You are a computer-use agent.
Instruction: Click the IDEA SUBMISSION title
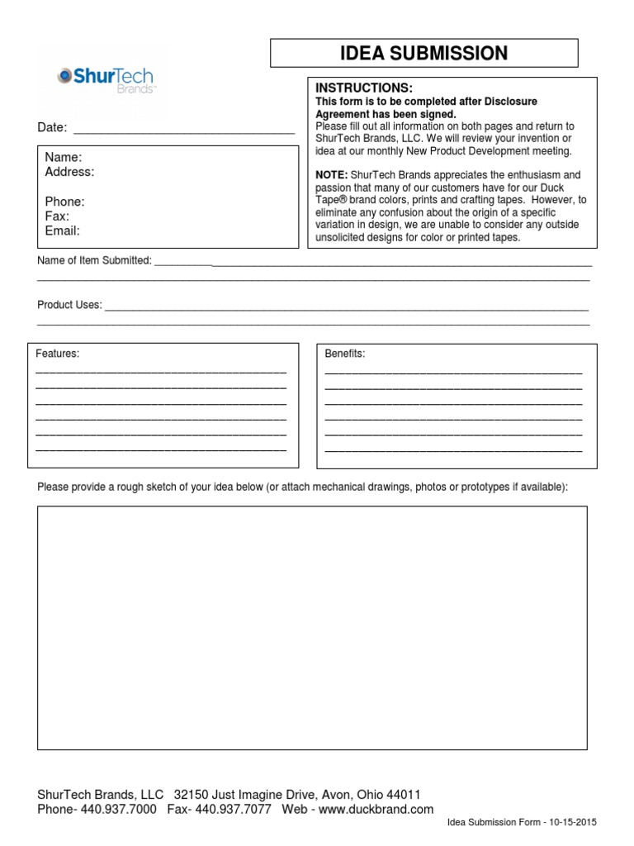(x=424, y=54)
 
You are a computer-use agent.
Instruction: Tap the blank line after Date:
(x=184, y=129)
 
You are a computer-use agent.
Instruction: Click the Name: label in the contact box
(x=63, y=157)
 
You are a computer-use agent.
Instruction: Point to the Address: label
(x=69, y=172)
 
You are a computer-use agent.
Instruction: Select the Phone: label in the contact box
(x=64, y=202)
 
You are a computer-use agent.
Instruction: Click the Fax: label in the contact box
(x=57, y=216)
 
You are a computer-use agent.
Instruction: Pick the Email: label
(x=62, y=231)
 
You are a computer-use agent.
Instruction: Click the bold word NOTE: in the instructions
(x=332, y=175)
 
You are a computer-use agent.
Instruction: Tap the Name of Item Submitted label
(x=94, y=260)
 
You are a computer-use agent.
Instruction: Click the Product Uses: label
(x=69, y=305)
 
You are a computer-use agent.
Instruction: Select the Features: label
(x=58, y=354)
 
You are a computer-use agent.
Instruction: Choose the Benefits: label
(x=345, y=354)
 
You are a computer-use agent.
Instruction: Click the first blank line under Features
(x=161, y=373)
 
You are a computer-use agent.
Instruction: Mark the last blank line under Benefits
(x=453, y=450)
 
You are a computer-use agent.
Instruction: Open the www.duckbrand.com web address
(x=376, y=810)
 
